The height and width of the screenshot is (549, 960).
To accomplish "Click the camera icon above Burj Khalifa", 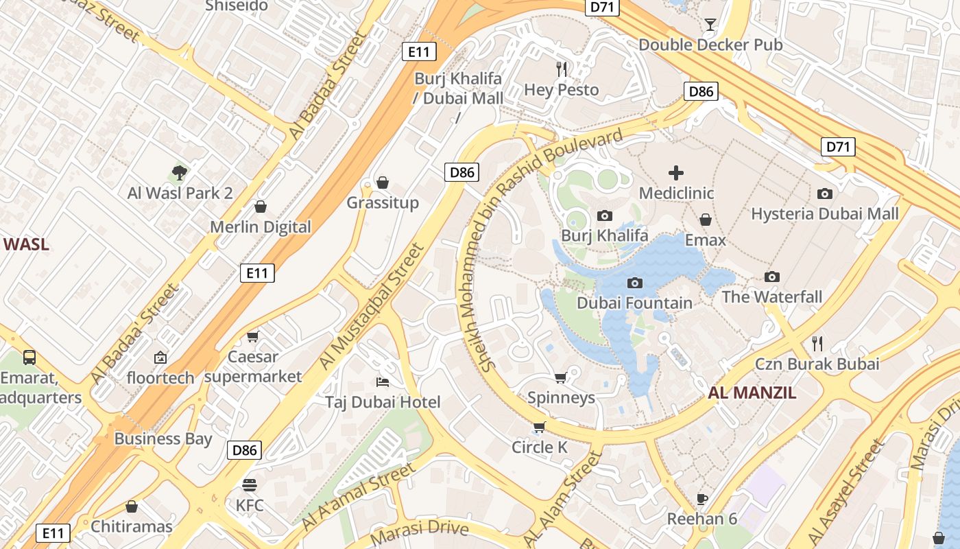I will click(604, 215).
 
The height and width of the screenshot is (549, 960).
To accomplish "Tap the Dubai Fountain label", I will click(634, 303).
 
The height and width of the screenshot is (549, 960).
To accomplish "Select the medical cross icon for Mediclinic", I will click(676, 173).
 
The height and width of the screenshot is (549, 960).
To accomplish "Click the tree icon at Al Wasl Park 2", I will click(180, 173).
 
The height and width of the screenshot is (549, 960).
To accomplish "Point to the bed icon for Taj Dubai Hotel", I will click(383, 382).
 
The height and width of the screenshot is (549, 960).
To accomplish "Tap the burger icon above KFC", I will click(250, 485).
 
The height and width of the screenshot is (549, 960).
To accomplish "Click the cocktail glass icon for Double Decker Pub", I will click(710, 25).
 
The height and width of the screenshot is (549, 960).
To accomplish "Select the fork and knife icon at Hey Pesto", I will click(562, 69).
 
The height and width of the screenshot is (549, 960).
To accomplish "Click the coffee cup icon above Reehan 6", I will click(701, 499).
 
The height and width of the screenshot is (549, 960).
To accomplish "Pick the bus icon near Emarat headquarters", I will click(29, 358).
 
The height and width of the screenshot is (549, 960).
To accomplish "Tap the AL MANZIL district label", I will click(752, 393).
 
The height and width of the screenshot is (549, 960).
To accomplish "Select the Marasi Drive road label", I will click(419, 530).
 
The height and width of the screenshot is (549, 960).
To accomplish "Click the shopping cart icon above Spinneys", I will click(560, 377).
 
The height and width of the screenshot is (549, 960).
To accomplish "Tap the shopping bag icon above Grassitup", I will click(383, 183).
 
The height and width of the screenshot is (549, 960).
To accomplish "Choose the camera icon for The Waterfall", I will click(772, 277).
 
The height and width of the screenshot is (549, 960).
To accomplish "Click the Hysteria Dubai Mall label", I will click(824, 214).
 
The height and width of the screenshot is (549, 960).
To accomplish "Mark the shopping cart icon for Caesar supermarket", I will click(253, 336).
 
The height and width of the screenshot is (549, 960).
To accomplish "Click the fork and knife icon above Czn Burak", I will click(817, 343).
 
